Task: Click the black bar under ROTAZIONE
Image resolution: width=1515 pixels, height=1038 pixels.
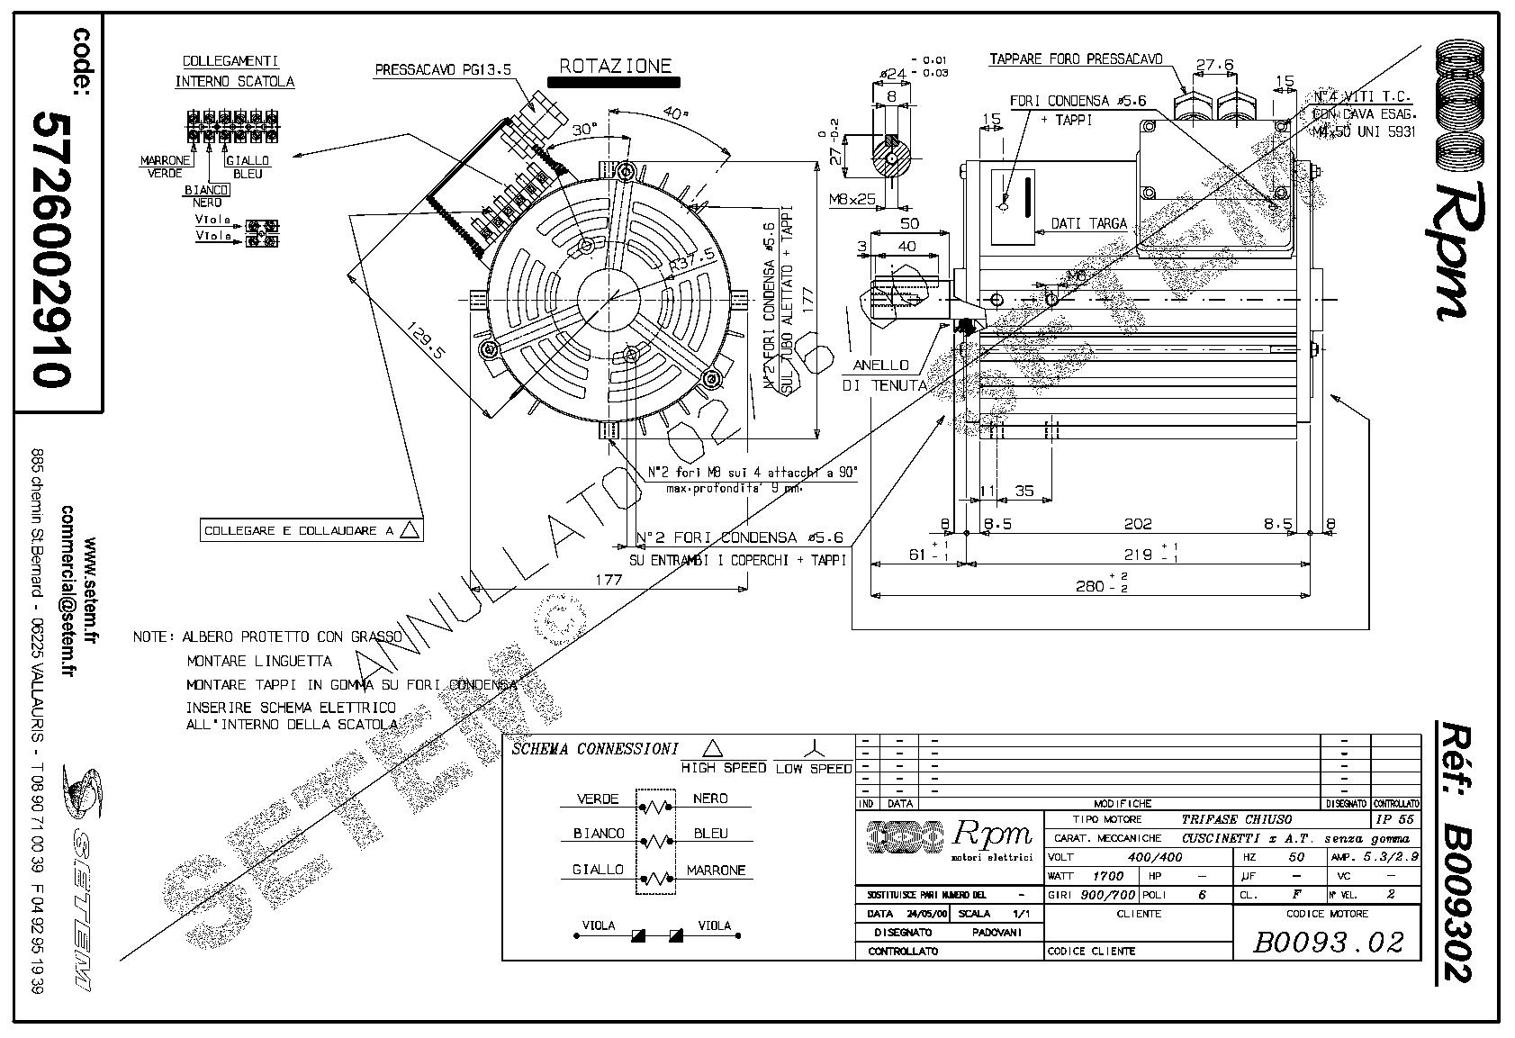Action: (x=613, y=81)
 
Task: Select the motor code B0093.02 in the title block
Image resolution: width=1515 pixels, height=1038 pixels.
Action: (x=1328, y=942)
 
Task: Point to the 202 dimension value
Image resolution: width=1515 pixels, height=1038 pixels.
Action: (x=1138, y=523)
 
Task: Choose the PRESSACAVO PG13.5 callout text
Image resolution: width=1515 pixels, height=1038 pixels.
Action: (x=443, y=68)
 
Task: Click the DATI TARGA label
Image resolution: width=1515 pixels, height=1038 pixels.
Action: (x=1088, y=223)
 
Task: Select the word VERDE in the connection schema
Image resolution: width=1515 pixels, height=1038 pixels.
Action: (x=598, y=799)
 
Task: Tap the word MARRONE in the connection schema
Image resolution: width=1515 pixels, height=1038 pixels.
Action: (x=716, y=871)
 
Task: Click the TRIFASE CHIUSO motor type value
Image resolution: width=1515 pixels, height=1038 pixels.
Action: (x=1236, y=819)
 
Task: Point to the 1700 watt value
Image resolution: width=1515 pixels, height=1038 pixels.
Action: (x=1107, y=875)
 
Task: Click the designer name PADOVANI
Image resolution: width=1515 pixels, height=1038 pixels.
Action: (x=996, y=932)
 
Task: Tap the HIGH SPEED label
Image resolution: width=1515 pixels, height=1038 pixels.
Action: (x=723, y=768)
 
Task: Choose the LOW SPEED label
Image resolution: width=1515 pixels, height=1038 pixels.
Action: (x=813, y=768)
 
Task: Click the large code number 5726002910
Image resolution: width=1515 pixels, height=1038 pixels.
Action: (x=51, y=248)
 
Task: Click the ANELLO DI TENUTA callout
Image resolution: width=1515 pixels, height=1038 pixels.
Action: (x=883, y=375)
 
